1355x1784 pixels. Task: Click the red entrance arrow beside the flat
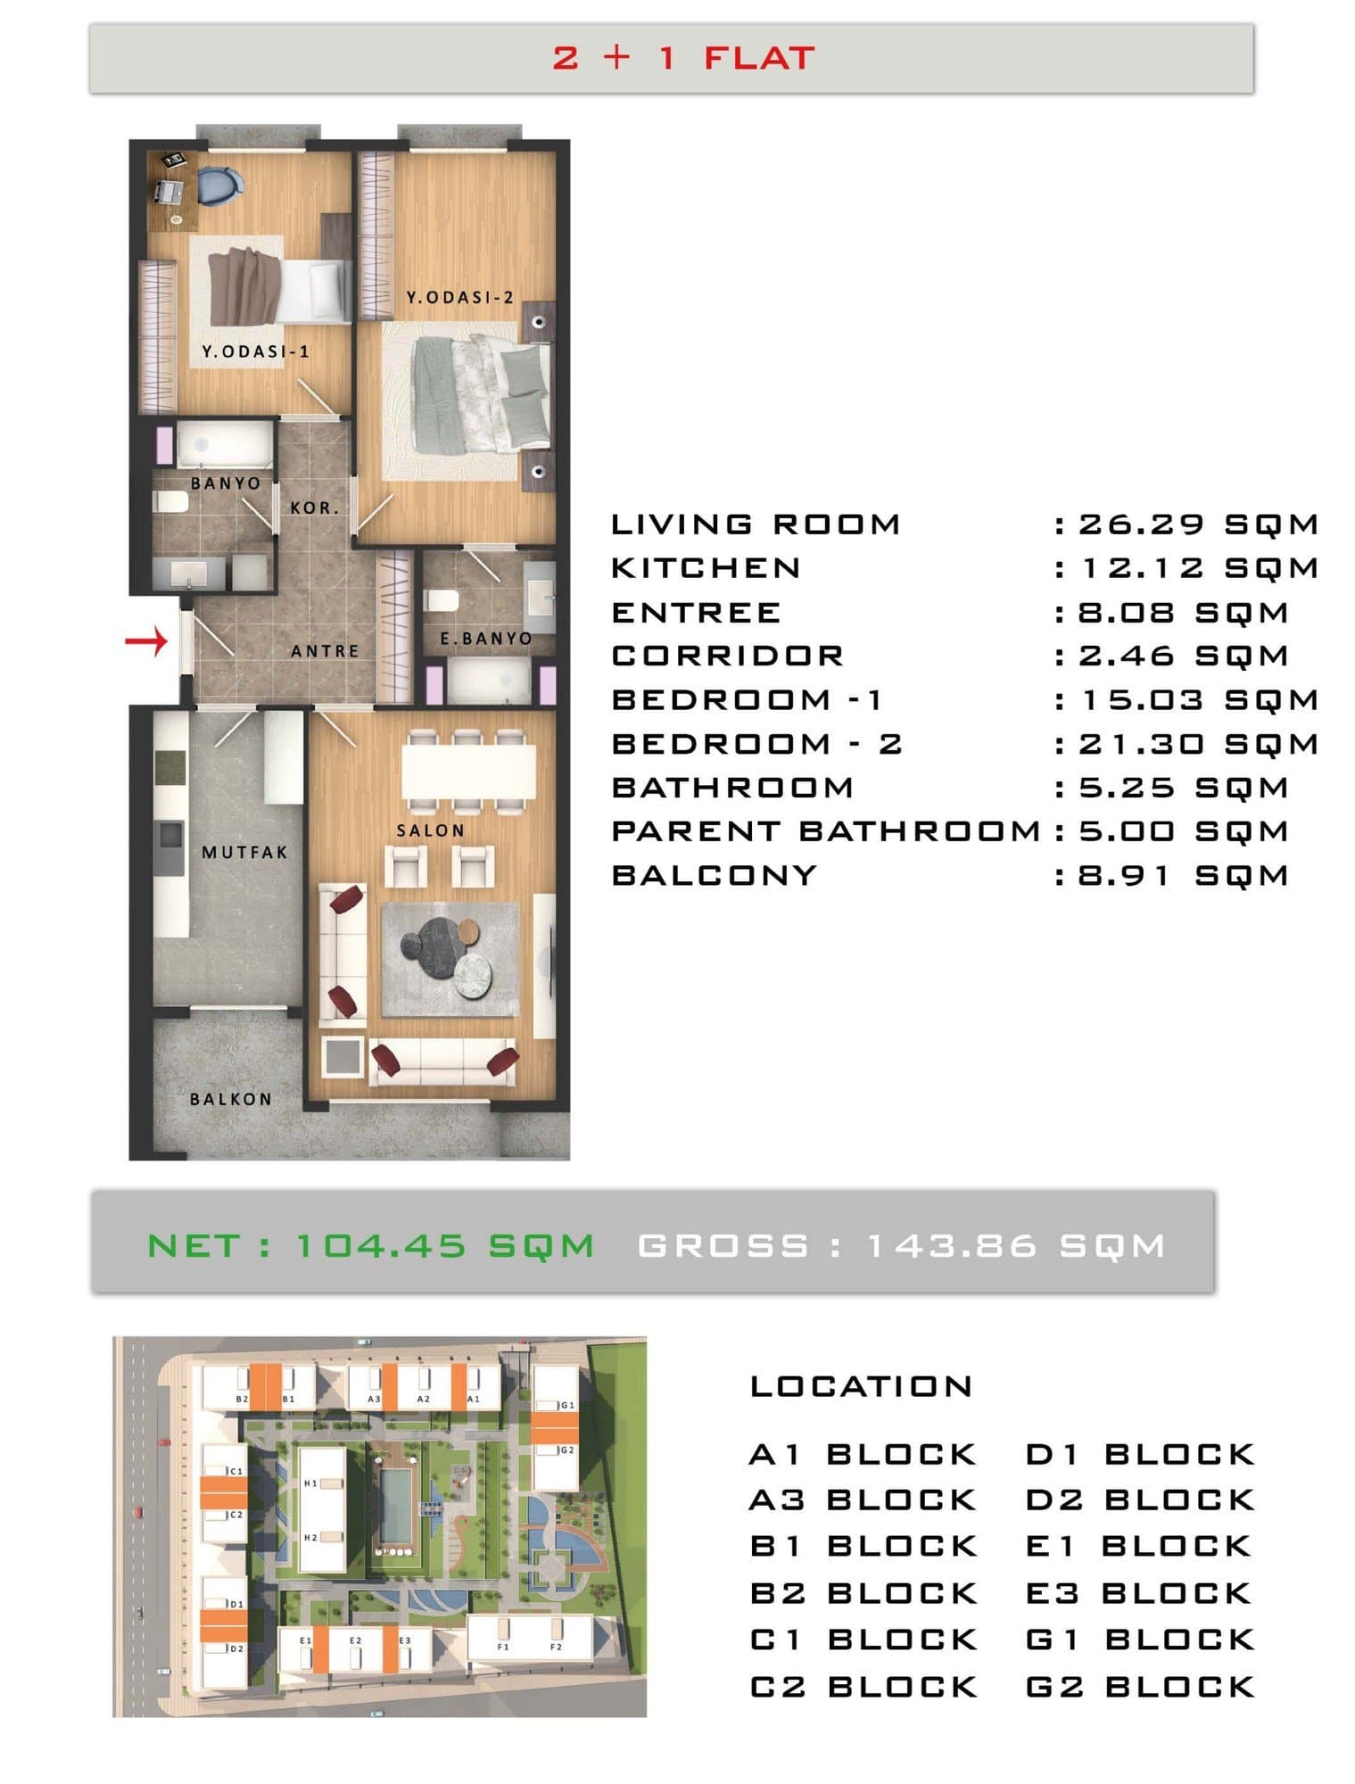pyautogui.click(x=146, y=640)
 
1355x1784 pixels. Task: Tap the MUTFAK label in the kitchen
pyautogui.click(x=244, y=853)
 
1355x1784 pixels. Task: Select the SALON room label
pyautogui.click(x=431, y=830)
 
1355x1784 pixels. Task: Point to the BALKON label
pyautogui.click(x=230, y=1099)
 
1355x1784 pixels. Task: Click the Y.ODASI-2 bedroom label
pyautogui.click(x=460, y=298)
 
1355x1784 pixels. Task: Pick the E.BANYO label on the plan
pyautogui.click(x=485, y=639)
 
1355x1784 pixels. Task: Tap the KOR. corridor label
pyautogui.click(x=314, y=508)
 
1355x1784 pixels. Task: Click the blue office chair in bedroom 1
pyautogui.click(x=219, y=186)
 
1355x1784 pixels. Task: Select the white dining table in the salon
pyautogui.click(x=468, y=772)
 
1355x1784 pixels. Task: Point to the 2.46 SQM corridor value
pyautogui.click(x=1183, y=656)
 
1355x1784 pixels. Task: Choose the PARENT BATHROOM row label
pyautogui.click(x=826, y=831)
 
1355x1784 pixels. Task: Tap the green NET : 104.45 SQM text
pyautogui.click(x=370, y=1245)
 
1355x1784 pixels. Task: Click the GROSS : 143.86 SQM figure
pyautogui.click(x=902, y=1245)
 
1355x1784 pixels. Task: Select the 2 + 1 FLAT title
pyautogui.click(x=683, y=58)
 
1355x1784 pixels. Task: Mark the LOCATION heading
pyautogui.click(x=861, y=1386)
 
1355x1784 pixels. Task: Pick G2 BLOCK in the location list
pyautogui.click(x=1140, y=1687)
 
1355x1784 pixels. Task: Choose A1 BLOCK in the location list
pyautogui.click(x=863, y=1454)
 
